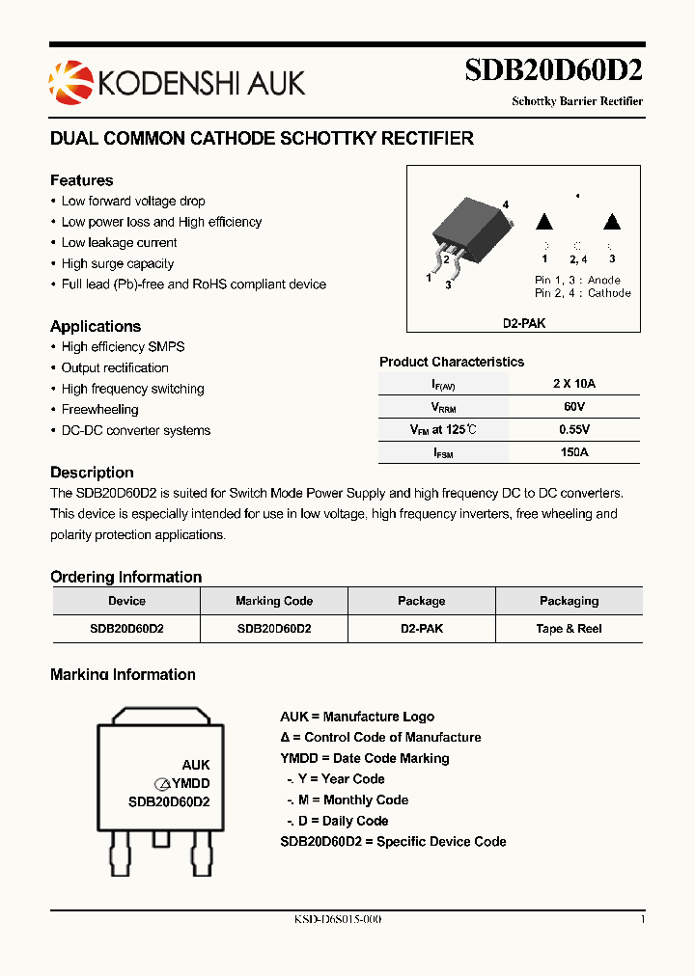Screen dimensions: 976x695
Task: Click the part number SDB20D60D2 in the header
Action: coord(553,71)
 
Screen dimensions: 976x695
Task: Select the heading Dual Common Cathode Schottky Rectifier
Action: coord(262,139)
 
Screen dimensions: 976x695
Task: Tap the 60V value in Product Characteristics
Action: coord(573,408)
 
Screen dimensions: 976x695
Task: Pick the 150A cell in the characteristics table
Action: coord(573,452)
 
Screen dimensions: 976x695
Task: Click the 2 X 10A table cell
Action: coord(573,384)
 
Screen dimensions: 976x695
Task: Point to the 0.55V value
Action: coord(573,430)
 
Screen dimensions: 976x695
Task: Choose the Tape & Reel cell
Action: coord(569,629)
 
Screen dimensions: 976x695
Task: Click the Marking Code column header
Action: coord(274,601)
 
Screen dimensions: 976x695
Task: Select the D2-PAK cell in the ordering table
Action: coord(421,629)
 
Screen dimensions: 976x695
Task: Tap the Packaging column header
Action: coord(569,601)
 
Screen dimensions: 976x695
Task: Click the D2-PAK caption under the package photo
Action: coord(523,324)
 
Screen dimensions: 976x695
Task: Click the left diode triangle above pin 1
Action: coord(544,221)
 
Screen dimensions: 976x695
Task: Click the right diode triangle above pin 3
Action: coord(611,221)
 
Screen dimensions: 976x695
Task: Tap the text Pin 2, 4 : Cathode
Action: coord(582,293)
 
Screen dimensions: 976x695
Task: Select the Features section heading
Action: coord(82,180)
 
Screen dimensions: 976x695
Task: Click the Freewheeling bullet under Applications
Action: coord(100,410)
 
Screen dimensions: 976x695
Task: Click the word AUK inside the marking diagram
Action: coord(196,765)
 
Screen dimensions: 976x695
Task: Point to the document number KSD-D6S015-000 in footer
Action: coord(337,920)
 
